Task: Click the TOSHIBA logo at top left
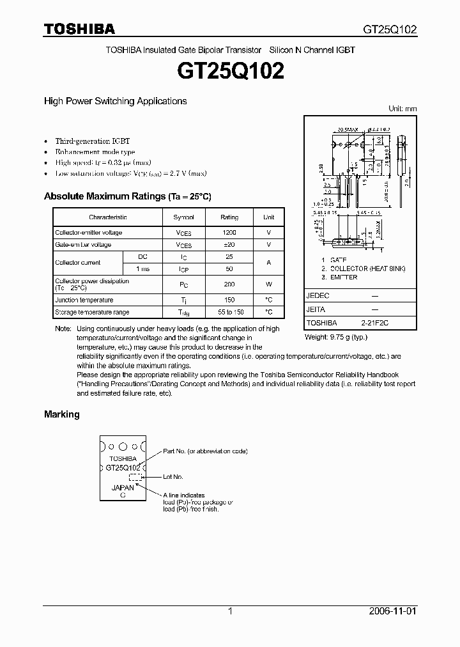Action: pyautogui.click(x=79, y=29)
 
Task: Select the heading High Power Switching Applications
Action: pyautogui.click(x=115, y=101)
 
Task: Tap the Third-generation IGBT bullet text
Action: pyautogui.click(x=93, y=141)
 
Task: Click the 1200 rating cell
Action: pyautogui.click(x=229, y=233)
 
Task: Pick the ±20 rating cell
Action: pyautogui.click(x=229, y=245)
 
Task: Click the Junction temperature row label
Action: pyautogui.click(x=84, y=300)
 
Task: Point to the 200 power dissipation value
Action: pyautogui.click(x=229, y=284)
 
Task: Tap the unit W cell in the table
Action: pyautogui.click(x=269, y=284)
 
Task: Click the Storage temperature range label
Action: pyautogui.click(x=92, y=312)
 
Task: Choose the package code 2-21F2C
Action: pyautogui.click(x=374, y=323)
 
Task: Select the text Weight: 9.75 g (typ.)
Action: pyautogui.click(x=336, y=337)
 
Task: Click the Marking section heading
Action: pyautogui.click(x=62, y=414)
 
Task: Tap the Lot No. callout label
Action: pyautogui.click(x=173, y=477)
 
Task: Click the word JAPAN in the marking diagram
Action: pyautogui.click(x=122, y=488)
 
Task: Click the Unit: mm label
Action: pyautogui.click(x=402, y=109)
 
